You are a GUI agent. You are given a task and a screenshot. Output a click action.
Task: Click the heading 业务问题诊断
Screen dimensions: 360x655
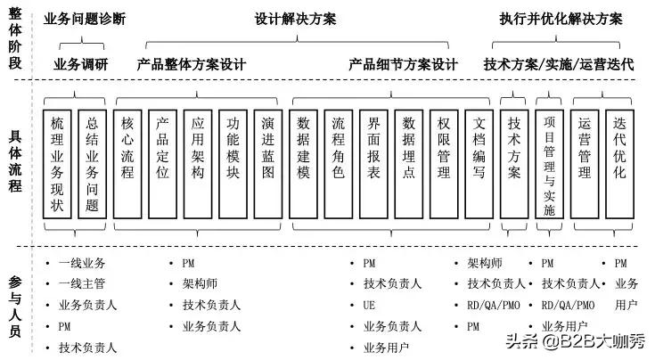pyautogui.click(x=86, y=18)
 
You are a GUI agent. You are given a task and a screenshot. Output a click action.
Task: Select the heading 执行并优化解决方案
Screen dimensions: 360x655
pyautogui.click(x=559, y=18)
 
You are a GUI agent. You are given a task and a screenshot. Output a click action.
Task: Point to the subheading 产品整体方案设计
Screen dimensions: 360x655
pyautogui.click(x=191, y=64)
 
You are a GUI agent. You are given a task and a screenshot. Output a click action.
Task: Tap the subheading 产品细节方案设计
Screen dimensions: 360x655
pyautogui.click(x=403, y=64)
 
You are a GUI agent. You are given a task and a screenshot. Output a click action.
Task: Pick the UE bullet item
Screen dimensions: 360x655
pyautogui.click(x=368, y=305)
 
